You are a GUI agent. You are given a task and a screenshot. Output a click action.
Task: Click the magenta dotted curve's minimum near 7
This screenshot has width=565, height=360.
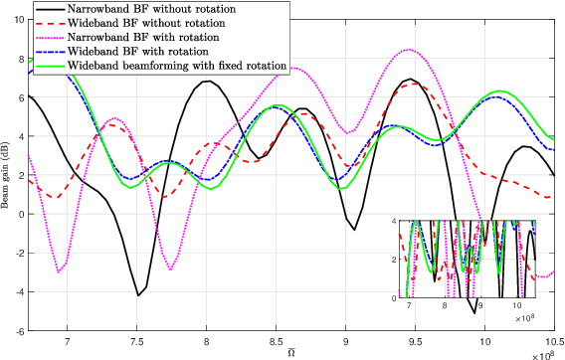tap(60, 271)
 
